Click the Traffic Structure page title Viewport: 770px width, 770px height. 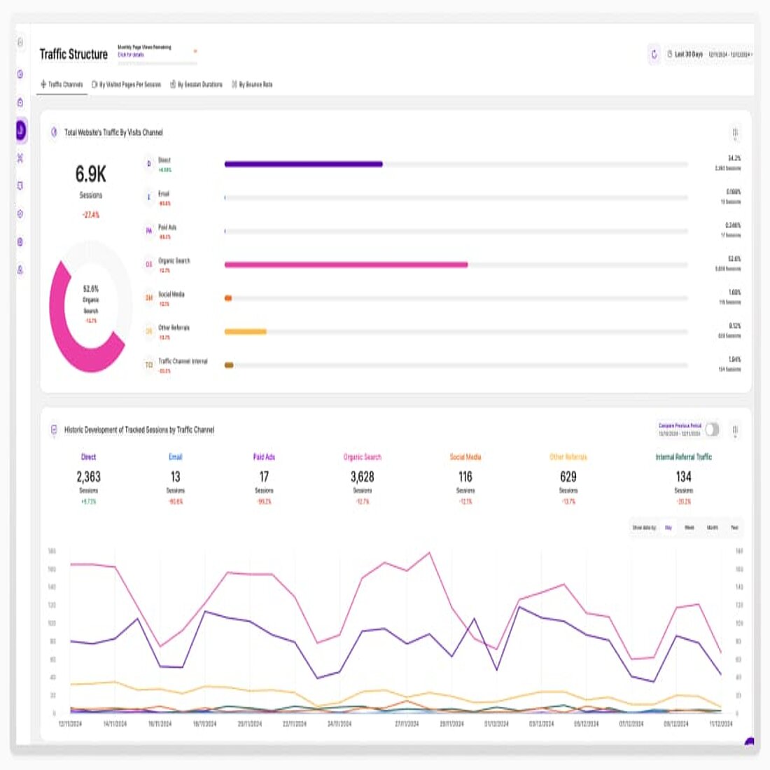(x=73, y=54)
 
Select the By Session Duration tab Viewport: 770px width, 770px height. (x=197, y=85)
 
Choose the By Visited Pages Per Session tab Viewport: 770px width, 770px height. (x=127, y=85)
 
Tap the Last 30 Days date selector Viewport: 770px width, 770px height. (x=685, y=54)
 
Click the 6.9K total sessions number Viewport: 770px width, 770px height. (x=91, y=174)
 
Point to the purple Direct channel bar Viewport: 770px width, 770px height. (x=303, y=164)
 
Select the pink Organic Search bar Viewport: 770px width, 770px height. (x=346, y=265)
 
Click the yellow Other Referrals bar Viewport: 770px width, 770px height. (x=245, y=331)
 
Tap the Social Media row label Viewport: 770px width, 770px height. (x=171, y=295)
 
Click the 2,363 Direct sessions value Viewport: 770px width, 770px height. (x=88, y=477)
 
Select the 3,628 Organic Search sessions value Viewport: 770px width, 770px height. (x=362, y=477)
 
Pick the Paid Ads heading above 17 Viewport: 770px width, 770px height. (x=264, y=457)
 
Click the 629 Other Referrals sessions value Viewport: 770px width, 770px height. (x=568, y=477)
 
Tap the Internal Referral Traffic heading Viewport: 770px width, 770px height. (x=683, y=457)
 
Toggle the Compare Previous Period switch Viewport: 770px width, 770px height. (x=712, y=429)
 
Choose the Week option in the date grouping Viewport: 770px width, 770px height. (x=689, y=528)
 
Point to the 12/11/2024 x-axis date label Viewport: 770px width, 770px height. (x=71, y=724)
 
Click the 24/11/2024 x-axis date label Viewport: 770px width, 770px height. (x=339, y=724)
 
